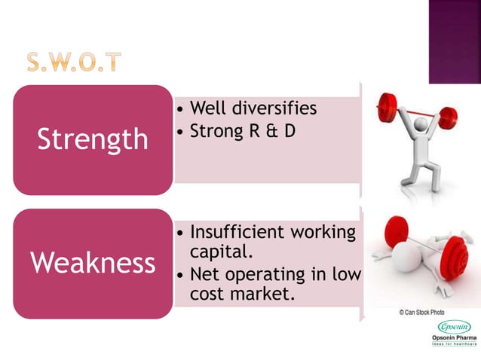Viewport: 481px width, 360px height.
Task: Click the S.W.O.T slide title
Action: tap(73, 61)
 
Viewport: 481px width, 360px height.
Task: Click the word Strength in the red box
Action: tap(93, 139)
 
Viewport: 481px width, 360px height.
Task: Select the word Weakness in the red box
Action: tap(93, 263)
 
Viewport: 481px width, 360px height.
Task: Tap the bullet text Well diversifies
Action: tap(253, 109)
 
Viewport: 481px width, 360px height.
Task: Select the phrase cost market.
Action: tap(240, 294)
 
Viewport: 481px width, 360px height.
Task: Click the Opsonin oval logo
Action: tap(455, 327)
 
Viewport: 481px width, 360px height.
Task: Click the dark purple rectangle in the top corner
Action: tap(455, 41)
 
